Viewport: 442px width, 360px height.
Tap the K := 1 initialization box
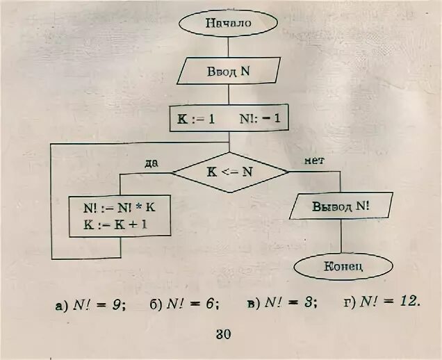pyautogui.click(x=196, y=118)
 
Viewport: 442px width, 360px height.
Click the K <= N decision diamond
pyautogui.click(x=230, y=170)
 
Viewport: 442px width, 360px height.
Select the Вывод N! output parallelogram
pyautogui.click(x=341, y=206)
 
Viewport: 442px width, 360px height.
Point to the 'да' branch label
pyautogui.click(x=152, y=163)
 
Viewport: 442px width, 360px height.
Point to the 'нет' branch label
pyautogui.click(x=314, y=161)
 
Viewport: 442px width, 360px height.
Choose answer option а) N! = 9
pyautogui.click(x=90, y=304)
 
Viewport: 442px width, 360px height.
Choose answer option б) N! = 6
pyautogui.click(x=183, y=304)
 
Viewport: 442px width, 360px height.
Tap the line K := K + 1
pyautogui.click(x=120, y=225)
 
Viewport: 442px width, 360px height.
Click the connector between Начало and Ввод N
pyautogui.click(x=229, y=46)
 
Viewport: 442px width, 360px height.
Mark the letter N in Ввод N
pyautogui.click(x=245, y=70)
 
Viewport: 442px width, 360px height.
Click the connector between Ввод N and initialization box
pyautogui.click(x=229, y=94)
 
